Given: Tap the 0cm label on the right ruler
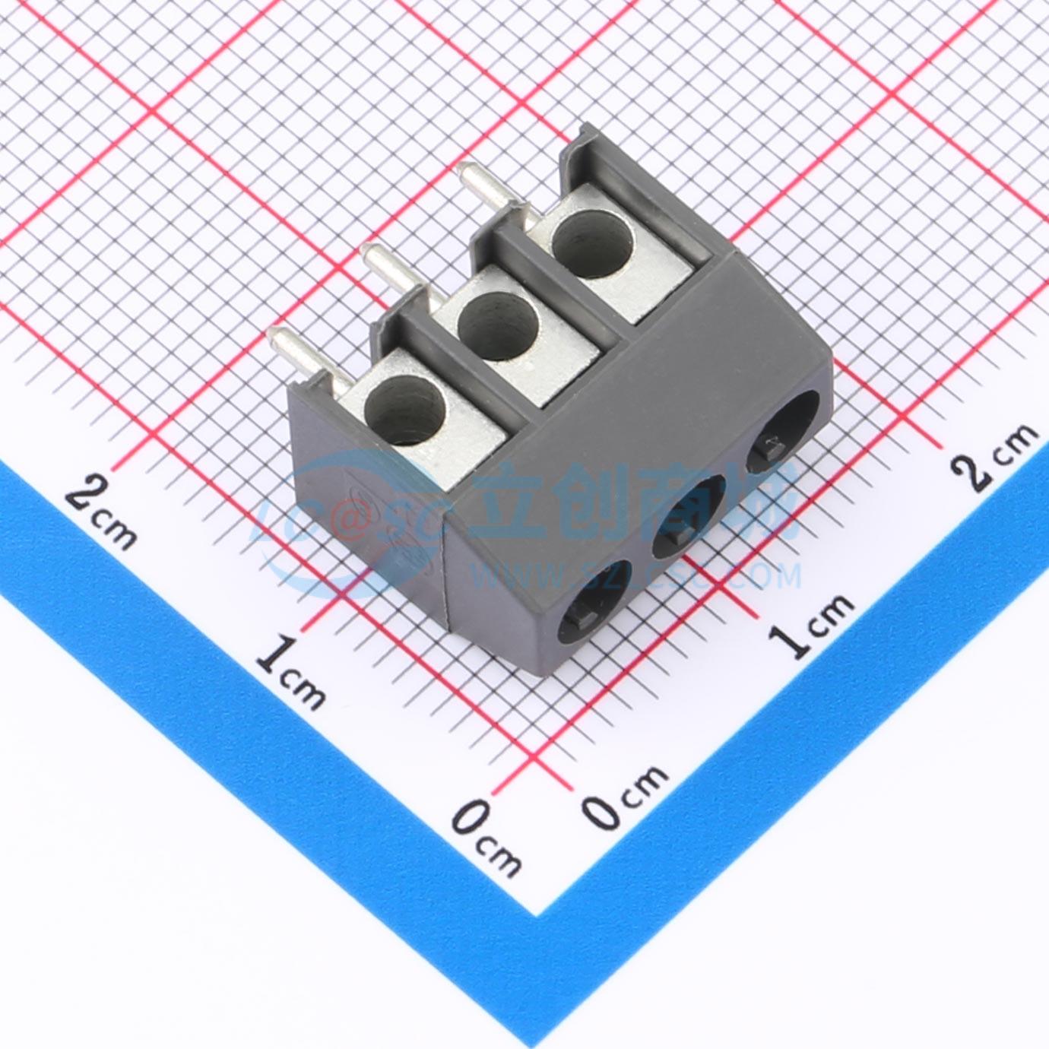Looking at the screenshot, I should point(627,795).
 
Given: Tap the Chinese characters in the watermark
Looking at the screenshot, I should point(631,504).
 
